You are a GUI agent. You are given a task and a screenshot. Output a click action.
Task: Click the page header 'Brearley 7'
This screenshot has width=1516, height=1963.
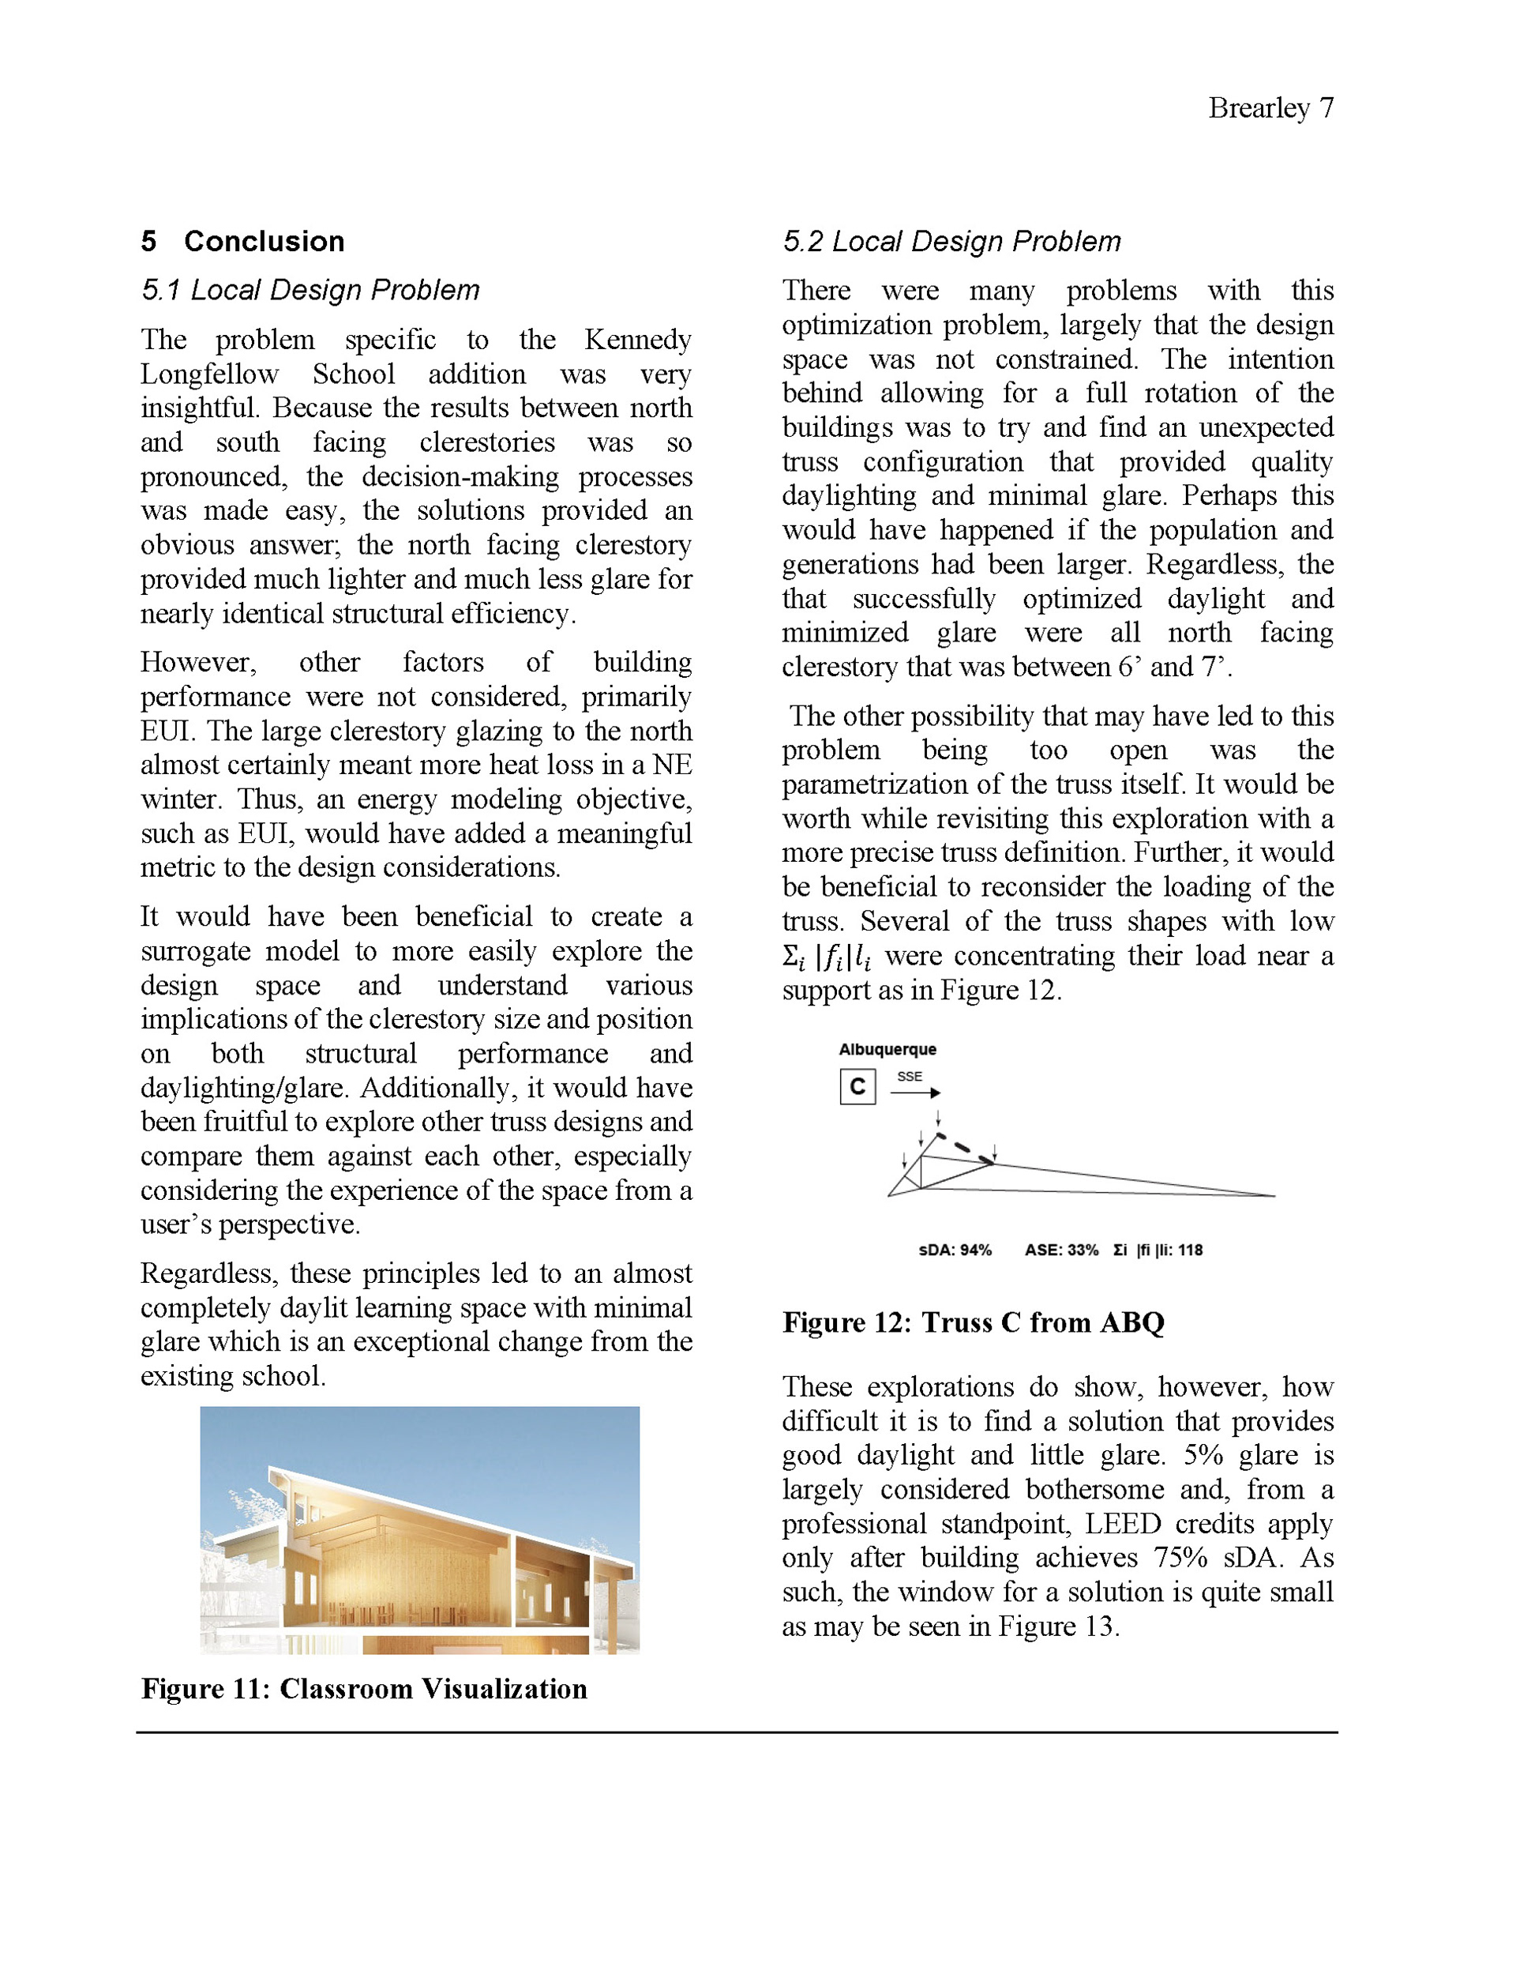pyautogui.click(x=1270, y=108)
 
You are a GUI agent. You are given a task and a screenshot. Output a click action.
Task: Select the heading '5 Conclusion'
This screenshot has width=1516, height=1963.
pyautogui.click(x=242, y=241)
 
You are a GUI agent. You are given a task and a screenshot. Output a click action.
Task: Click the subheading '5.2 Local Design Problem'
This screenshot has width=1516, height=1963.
pyautogui.click(x=951, y=241)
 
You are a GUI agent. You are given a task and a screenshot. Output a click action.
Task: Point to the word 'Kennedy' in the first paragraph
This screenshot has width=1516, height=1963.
pyautogui.click(x=637, y=340)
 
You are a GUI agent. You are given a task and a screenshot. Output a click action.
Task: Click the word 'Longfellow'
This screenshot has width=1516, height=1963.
pyautogui.click(x=209, y=374)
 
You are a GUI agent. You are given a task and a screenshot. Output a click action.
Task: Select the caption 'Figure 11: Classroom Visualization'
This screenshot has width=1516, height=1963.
pyautogui.click(x=364, y=1688)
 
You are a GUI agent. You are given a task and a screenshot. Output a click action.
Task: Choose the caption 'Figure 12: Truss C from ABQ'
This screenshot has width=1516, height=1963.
pyautogui.click(x=974, y=1322)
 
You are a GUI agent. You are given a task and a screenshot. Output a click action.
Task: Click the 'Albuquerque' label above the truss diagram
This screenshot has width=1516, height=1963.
pyautogui.click(x=887, y=1049)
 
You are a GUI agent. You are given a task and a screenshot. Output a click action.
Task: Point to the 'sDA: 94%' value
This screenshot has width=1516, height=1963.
pyautogui.click(x=955, y=1250)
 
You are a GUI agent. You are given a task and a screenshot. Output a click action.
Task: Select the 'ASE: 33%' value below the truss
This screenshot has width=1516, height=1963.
pyautogui.click(x=1061, y=1250)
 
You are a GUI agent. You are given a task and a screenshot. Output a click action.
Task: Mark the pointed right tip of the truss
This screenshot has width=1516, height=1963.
pyautogui.click(x=1273, y=1195)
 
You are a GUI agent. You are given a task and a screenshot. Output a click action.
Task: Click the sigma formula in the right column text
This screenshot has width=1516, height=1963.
pyautogui.click(x=826, y=957)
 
